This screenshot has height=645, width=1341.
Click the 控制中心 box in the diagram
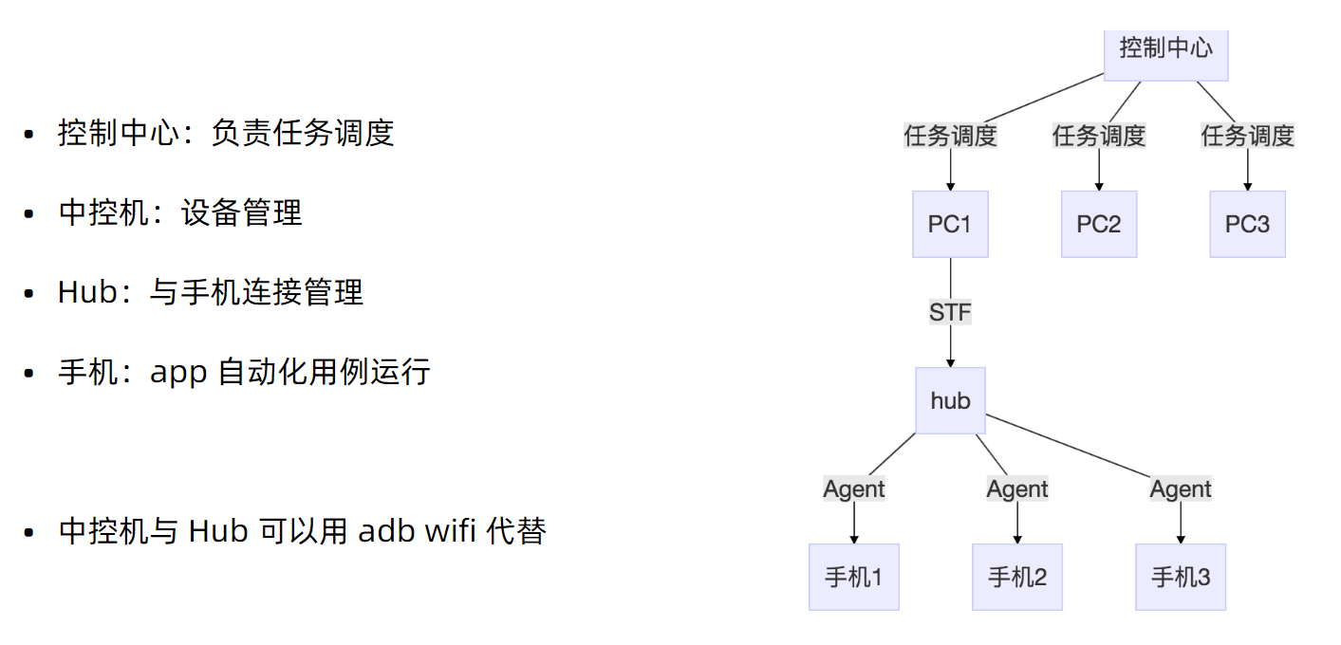1165,49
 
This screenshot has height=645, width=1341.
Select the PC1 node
950,224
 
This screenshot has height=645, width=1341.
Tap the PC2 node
1099,224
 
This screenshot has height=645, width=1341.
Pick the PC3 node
1247,224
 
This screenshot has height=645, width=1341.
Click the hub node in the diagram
950,400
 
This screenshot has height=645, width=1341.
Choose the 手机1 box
853,577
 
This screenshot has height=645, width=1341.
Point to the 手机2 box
1017,577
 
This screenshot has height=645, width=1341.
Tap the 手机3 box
1181,577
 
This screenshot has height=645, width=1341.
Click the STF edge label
950,312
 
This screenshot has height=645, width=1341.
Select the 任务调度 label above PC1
950,136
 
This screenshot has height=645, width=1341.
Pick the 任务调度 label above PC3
1247,136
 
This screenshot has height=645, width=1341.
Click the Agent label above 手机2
1017,489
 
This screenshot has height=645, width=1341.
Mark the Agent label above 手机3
1181,489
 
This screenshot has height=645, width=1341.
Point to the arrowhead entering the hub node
950,362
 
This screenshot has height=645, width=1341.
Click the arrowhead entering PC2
1099,186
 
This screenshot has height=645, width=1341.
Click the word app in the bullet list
178,372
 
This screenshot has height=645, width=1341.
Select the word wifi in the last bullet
450,531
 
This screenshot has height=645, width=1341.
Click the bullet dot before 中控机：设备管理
29,214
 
